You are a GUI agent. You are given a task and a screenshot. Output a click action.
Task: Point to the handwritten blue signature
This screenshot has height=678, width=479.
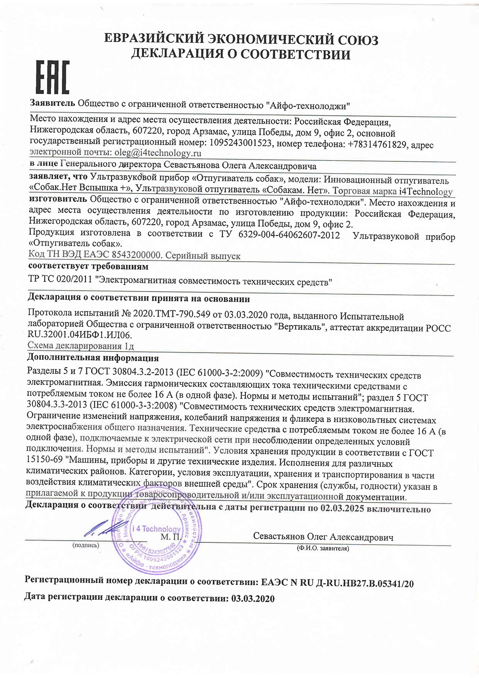click(x=104, y=529)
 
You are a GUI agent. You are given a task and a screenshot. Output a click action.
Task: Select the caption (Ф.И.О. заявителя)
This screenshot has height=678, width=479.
click(x=323, y=548)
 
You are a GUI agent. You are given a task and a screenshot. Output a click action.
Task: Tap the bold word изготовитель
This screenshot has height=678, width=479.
click(x=58, y=199)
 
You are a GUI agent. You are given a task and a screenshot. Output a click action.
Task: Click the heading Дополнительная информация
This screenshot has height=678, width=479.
click(x=93, y=358)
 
